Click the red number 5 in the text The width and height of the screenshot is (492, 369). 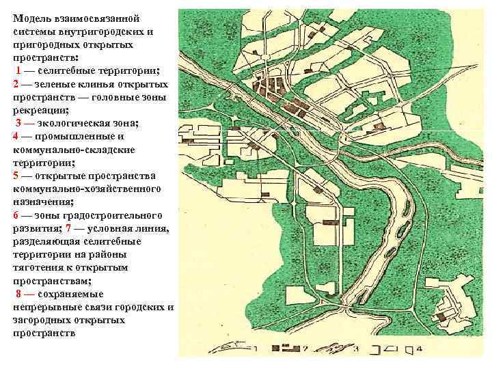pos(15,175)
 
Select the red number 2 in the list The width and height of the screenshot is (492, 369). pos(15,84)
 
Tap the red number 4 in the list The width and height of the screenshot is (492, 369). pos(15,135)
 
